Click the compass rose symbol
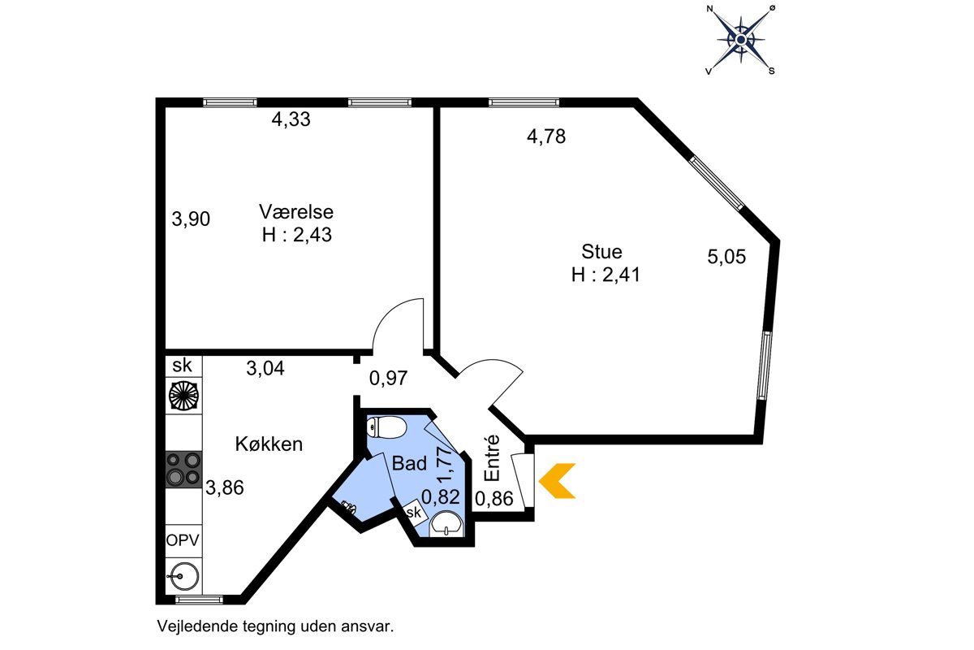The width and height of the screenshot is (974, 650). click(x=741, y=40)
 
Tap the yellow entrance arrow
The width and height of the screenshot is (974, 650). click(x=557, y=481)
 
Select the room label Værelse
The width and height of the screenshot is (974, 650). click(x=296, y=212)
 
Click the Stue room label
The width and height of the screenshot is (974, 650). click(x=601, y=252)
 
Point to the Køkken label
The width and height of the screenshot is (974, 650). click(x=269, y=444)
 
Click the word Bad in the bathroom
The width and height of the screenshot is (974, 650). click(x=409, y=463)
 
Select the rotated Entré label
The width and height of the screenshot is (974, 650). click(x=493, y=458)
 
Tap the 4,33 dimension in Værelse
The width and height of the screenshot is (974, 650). click(x=291, y=119)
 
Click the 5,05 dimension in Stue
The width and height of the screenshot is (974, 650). click(x=726, y=257)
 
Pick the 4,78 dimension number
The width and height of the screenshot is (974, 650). click(x=546, y=136)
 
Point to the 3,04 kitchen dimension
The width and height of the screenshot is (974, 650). click(x=265, y=368)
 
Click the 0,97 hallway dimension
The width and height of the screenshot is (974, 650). click(x=388, y=378)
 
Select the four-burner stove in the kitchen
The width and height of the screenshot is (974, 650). click(x=183, y=469)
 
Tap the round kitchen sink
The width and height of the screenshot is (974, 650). click(x=183, y=577)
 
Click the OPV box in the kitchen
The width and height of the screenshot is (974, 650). click(x=183, y=541)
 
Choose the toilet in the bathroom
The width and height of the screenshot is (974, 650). click(x=386, y=427)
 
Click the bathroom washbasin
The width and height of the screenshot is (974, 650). click(x=446, y=524)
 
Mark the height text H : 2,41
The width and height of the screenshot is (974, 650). click(x=606, y=275)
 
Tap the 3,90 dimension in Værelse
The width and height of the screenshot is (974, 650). click(x=191, y=219)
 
